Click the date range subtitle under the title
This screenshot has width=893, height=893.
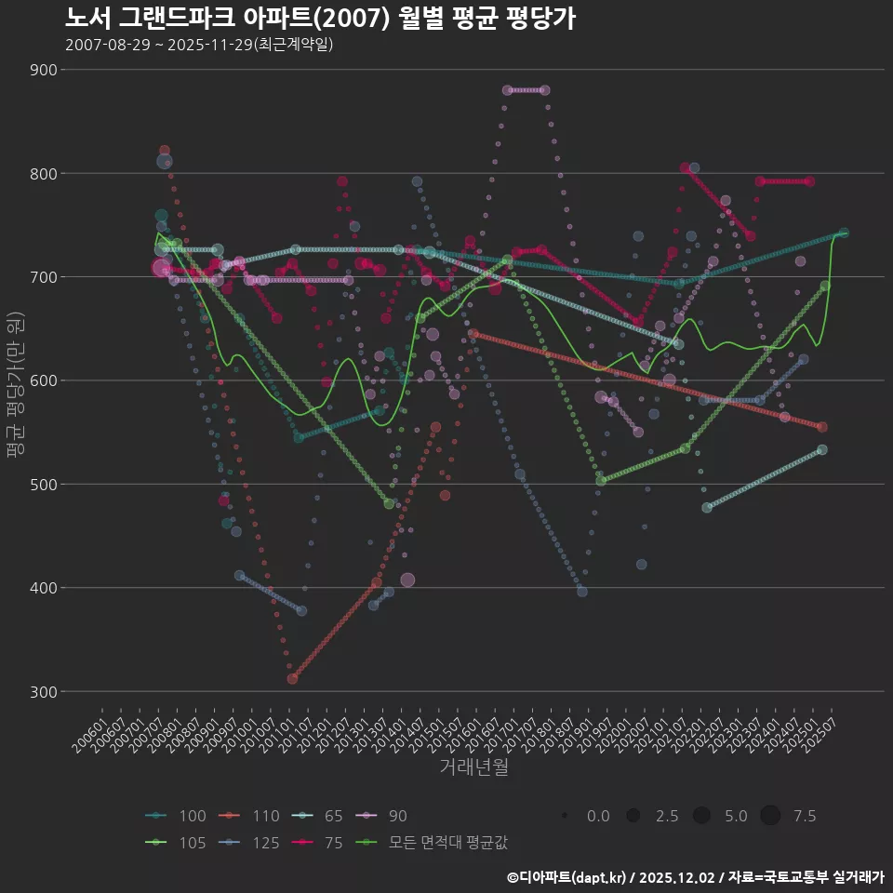click(199, 45)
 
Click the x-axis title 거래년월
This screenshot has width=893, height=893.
click(473, 767)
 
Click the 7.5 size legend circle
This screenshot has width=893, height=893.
click(770, 816)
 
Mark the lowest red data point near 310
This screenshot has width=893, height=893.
click(292, 679)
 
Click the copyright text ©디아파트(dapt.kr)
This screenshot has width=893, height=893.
click(567, 877)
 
